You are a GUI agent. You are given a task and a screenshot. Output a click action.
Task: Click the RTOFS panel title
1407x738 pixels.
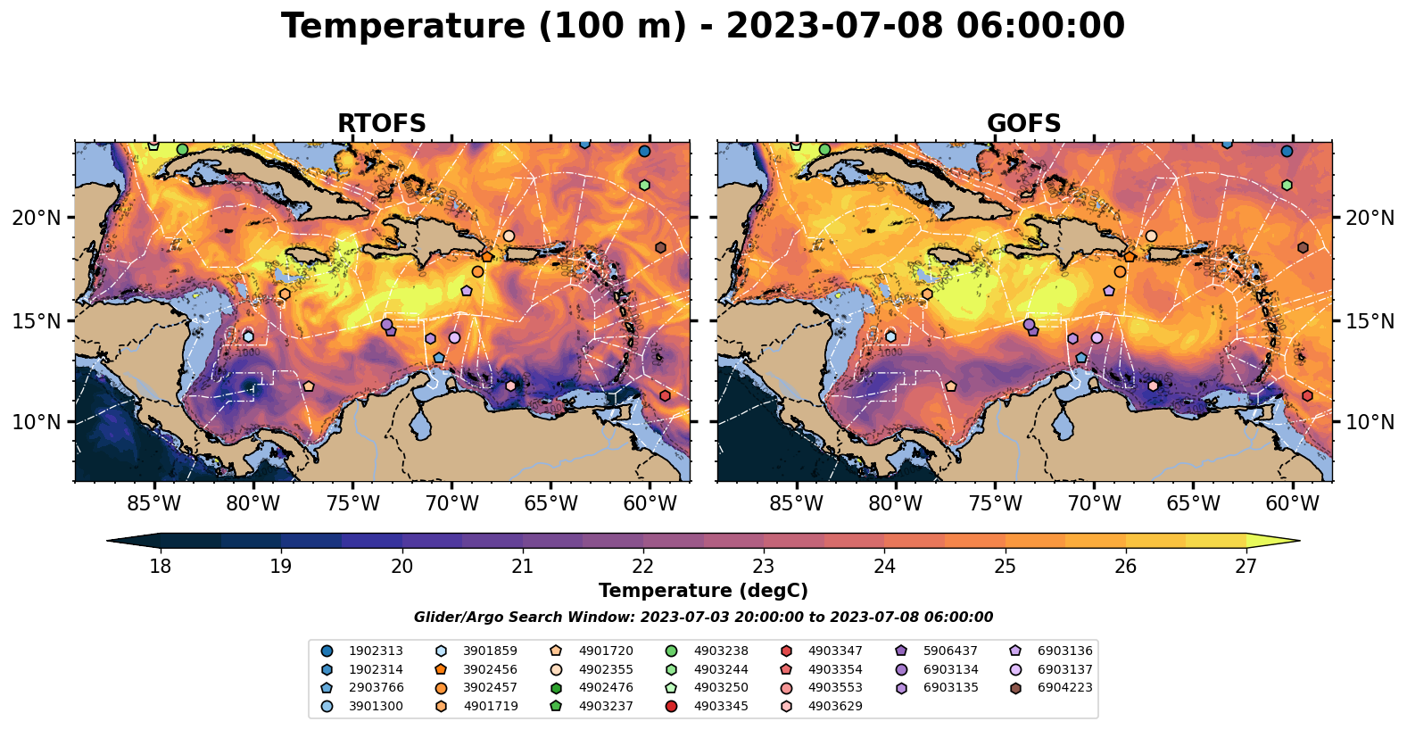click(381, 124)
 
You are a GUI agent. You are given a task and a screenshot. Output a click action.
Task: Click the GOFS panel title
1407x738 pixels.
click(1023, 124)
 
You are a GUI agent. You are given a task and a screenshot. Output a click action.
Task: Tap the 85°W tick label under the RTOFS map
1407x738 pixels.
click(154, 503)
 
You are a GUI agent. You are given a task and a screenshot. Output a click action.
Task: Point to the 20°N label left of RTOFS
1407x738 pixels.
click(37, 218)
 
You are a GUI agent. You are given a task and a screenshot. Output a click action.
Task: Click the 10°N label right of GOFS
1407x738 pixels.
click(1370, 422)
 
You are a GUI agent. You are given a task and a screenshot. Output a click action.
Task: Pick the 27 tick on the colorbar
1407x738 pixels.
click(1246, 567)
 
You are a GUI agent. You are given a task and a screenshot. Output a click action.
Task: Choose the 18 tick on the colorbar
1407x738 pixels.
click(160, 567)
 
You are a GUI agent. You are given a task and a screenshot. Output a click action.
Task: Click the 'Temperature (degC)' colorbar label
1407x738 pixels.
click(703, 591)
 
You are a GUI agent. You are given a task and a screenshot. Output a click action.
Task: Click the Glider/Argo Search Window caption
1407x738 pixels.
click(703, 618)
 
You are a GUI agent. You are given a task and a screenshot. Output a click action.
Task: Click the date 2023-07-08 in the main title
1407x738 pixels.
click(833, 27)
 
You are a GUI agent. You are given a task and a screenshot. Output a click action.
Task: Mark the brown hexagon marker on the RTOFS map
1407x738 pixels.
click(660, 247)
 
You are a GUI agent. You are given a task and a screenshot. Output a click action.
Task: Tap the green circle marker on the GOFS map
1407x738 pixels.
click(825, 149)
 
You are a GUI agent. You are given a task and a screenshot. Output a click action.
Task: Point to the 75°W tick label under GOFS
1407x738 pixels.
click(995, 503)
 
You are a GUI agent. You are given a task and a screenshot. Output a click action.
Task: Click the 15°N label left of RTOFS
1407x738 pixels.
click(37, 320)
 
